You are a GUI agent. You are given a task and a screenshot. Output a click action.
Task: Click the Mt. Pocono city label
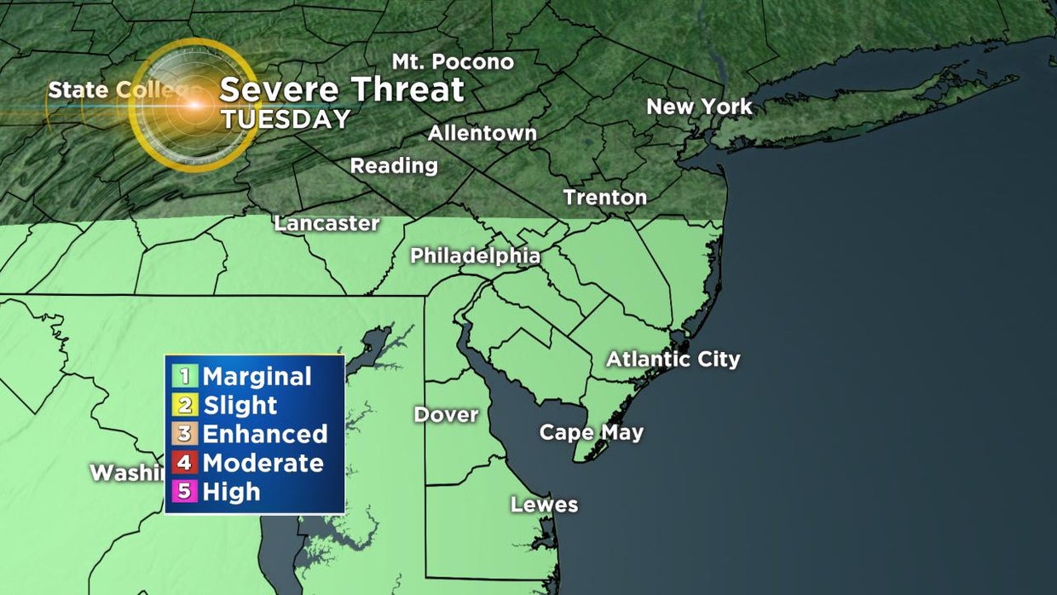pyautogui.click(x=453, y=62)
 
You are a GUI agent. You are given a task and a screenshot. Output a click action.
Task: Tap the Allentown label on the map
pyautogui.click(x=482, y=134)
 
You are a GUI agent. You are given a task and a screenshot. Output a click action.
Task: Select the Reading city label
pyautogui.click(x=394, y=165)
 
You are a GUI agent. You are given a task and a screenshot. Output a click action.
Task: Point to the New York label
pyautogui.click(x=699, y=107)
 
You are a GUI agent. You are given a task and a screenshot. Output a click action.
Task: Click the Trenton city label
pyautogui.click(x=604, y=198)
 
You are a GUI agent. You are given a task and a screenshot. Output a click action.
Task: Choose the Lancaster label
pyautogui.click(x=326, y=223)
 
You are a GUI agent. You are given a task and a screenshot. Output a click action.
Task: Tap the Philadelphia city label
pyautogui.click(x=475, y=256)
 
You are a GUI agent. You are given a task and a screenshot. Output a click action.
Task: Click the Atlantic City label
pyautogui.click(x=673, y=359)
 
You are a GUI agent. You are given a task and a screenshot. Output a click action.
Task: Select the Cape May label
pyautogui.click(x=591, y=432)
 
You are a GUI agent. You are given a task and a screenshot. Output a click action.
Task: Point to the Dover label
pyautogui.click(x=446, y=415)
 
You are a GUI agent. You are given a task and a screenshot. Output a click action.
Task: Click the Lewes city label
pyautogui.click(x=544, y=505)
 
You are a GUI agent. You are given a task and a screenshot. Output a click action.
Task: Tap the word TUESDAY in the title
pyautogui.click(x=286, y=119)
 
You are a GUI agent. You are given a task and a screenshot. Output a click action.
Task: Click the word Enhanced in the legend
pyautogui.click(x=264, y=434)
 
